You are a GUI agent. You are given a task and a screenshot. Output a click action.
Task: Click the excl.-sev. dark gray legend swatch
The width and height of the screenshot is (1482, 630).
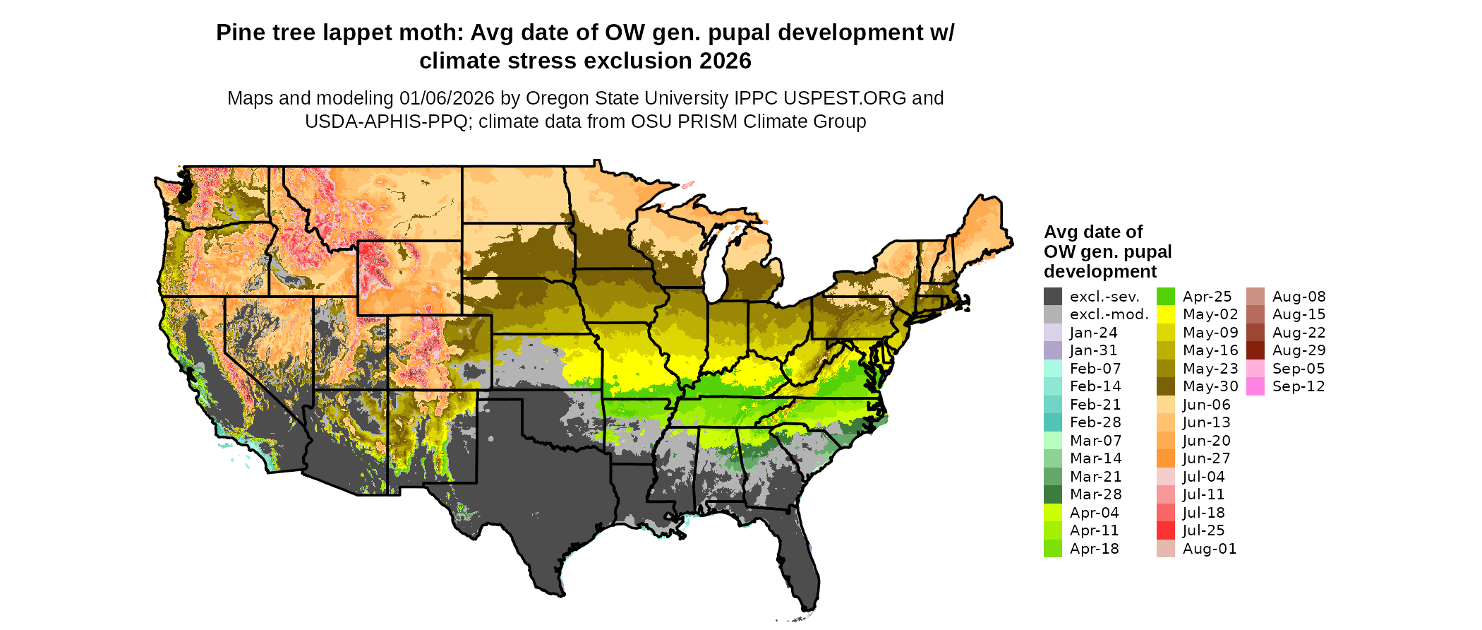click(1052, 297)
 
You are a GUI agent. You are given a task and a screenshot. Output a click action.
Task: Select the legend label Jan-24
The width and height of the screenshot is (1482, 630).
click(1093, 333)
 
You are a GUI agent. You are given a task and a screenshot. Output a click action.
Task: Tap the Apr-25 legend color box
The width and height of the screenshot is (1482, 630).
click(1165, 297)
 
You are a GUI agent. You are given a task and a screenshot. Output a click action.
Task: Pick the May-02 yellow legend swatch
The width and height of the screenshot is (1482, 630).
click(1165, 314)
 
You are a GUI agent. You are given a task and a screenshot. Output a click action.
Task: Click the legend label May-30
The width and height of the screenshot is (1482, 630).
click(1210, 386)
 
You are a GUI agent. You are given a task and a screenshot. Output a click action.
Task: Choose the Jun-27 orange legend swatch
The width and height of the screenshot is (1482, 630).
click(1165, 458)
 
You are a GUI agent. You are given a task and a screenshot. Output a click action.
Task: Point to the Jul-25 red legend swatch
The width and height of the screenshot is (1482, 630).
click(1165, 530)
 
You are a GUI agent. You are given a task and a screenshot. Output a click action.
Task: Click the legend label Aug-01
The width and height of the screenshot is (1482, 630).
click(1210, 549)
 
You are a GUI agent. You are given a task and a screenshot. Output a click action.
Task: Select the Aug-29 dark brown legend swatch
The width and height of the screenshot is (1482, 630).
click(1255, 350)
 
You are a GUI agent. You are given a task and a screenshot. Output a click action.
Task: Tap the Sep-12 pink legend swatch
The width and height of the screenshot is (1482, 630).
click(1255, 386)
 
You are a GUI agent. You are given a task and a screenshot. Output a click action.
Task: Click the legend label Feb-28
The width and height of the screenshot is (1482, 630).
click(1095, 422)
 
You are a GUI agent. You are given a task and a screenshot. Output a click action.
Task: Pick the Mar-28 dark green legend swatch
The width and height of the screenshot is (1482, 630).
click(1052, 494)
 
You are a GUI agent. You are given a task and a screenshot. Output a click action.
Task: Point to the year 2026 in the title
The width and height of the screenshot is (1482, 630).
click(725, 61)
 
